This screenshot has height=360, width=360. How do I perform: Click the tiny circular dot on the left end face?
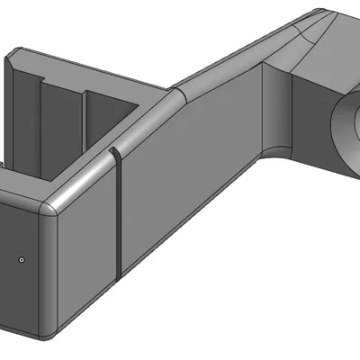click(x=22, y=259)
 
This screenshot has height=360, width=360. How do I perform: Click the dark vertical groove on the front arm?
click(x=118, y=216)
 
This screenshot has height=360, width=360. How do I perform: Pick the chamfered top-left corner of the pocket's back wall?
click(x=16, y=56)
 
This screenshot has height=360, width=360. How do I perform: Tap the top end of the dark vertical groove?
click(x=115, y=153)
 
